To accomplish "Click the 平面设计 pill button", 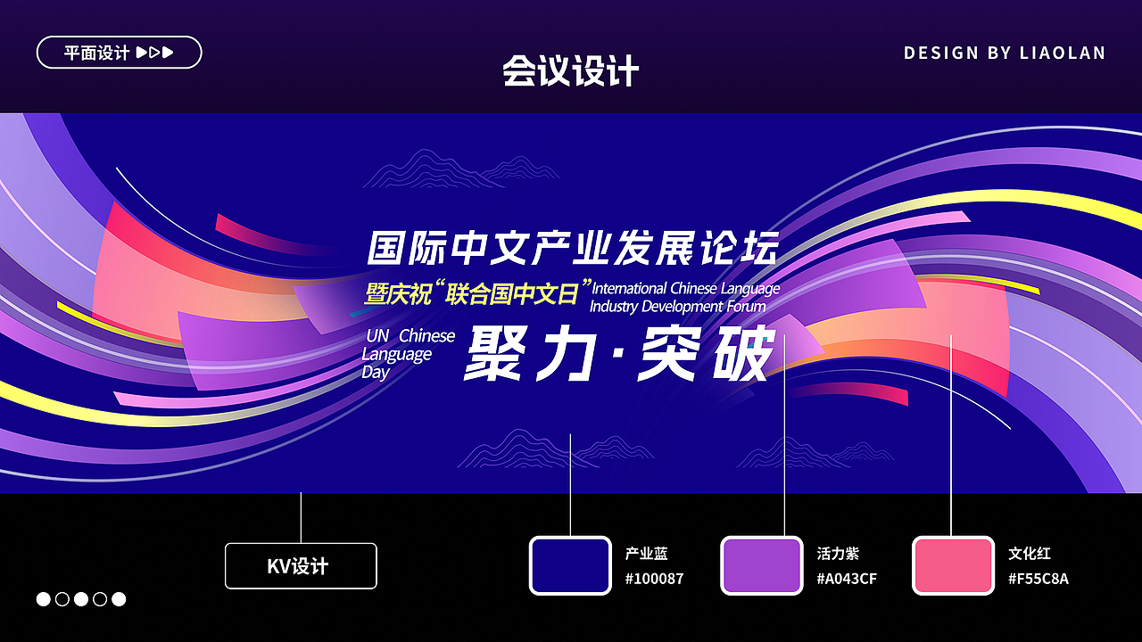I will coord(119,53).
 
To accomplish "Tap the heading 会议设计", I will coord(571,71).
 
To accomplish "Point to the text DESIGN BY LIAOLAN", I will coord(1005,53).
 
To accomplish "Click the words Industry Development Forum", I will coord(678,306).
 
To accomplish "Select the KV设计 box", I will coord(301,566).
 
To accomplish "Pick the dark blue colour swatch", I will coord(570,565).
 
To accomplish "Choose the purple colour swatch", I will coord(761,565).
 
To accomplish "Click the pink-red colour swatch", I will coord(953,565).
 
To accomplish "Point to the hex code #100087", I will coord(654,579).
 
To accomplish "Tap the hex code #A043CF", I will coord(847,579).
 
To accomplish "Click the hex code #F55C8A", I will coord(1039,579).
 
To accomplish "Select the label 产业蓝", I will coord(646,554).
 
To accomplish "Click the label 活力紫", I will coord(838,554).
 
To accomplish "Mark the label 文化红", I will coord(1030,554).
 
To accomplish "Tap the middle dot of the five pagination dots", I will coord(81,599).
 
